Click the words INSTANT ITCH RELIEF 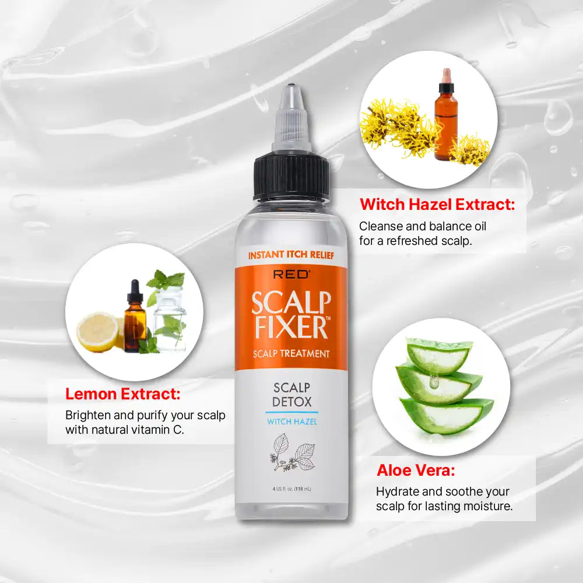[291, 255]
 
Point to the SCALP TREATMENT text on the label [291, 353]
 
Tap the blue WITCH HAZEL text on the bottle [291, 422]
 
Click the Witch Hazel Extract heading [437, 205]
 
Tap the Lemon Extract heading [122, 394]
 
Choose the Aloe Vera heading [416, 470]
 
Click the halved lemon [98, 331]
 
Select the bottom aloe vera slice [446, 415]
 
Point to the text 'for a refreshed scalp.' [415, 240]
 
